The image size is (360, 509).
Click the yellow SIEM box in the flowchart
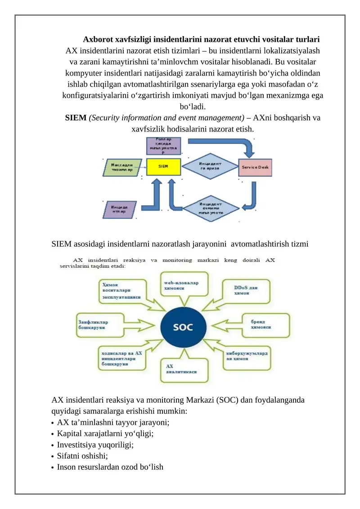tap(164, 167)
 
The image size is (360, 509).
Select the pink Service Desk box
tap(255, 167)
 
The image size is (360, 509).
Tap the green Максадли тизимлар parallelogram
tap(121, 167)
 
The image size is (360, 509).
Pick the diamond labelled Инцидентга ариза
tap(210, 166)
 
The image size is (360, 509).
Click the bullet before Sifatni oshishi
tap(54, 456)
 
